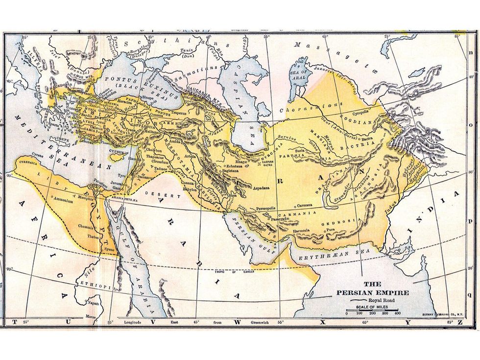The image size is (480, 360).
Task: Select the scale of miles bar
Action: click(x=372, y=308)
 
